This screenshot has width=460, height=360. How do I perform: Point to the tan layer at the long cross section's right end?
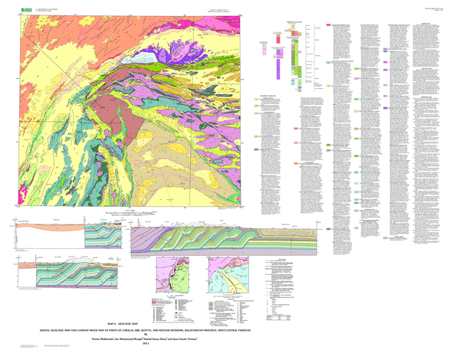307,231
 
